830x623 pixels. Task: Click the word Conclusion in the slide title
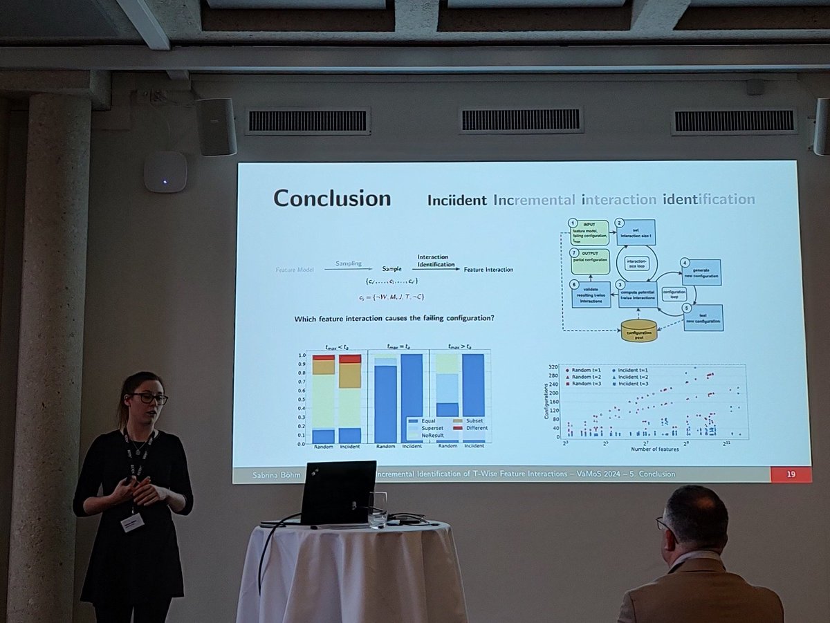coord(332,198)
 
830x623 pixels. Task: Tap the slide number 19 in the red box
coord(790,474)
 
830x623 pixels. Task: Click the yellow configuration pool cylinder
coord(638,331)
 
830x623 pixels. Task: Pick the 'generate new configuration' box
coord(701,272)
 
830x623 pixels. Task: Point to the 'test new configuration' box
coord(703,317)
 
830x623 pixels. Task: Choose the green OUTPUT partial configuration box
coord(590,261)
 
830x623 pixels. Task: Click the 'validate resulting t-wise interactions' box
coord(591,294)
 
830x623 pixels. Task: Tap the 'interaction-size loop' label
coord(636,263)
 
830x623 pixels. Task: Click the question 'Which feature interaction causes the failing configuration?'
coord(394,319)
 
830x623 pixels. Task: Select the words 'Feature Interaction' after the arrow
coord(488,270)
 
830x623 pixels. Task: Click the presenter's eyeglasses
coord(149,398)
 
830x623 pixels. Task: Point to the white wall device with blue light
coord(165,171)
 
